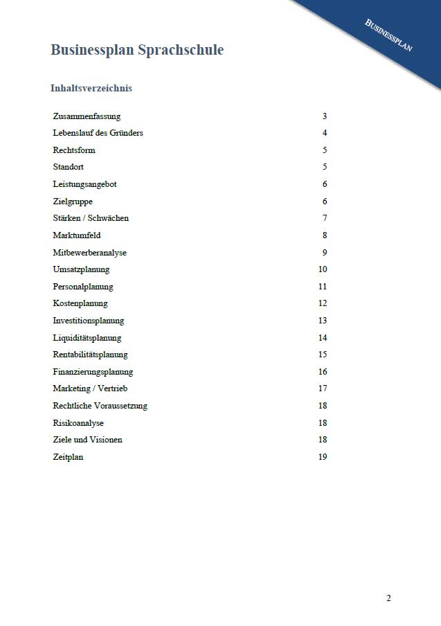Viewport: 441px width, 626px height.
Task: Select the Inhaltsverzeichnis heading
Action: pos(91,89)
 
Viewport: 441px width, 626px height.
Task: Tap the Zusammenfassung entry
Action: pos(87,116)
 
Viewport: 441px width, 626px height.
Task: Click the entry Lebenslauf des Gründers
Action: pos(98,133)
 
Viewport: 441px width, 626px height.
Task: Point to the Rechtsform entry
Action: pos(74,150)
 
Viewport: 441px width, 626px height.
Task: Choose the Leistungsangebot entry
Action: pos(84,184)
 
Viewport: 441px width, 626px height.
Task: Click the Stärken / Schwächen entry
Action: pos(91,218)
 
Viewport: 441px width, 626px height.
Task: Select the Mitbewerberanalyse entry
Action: pos(89,253)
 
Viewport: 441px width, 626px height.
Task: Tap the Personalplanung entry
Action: pos(83,287)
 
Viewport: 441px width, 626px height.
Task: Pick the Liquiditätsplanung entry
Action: pos(87,338)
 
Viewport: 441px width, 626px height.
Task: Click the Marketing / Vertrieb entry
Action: pos(90,388)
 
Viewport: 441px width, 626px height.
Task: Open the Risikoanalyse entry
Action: pos(78,423)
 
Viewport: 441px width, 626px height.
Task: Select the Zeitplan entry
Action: pos(68,457)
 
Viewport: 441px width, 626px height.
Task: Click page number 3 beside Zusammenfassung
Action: pos(324,116)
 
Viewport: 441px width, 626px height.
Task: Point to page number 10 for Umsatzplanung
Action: pos(323,269)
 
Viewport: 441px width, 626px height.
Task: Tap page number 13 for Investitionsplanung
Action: pos(323,321)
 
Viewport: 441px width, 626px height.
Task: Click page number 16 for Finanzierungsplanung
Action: pos(323,372)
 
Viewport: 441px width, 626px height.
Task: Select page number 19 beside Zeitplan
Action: pos(323,457)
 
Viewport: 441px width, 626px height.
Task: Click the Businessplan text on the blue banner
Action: pos(389,35)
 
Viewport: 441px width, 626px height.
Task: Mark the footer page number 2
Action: pos(388,598)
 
